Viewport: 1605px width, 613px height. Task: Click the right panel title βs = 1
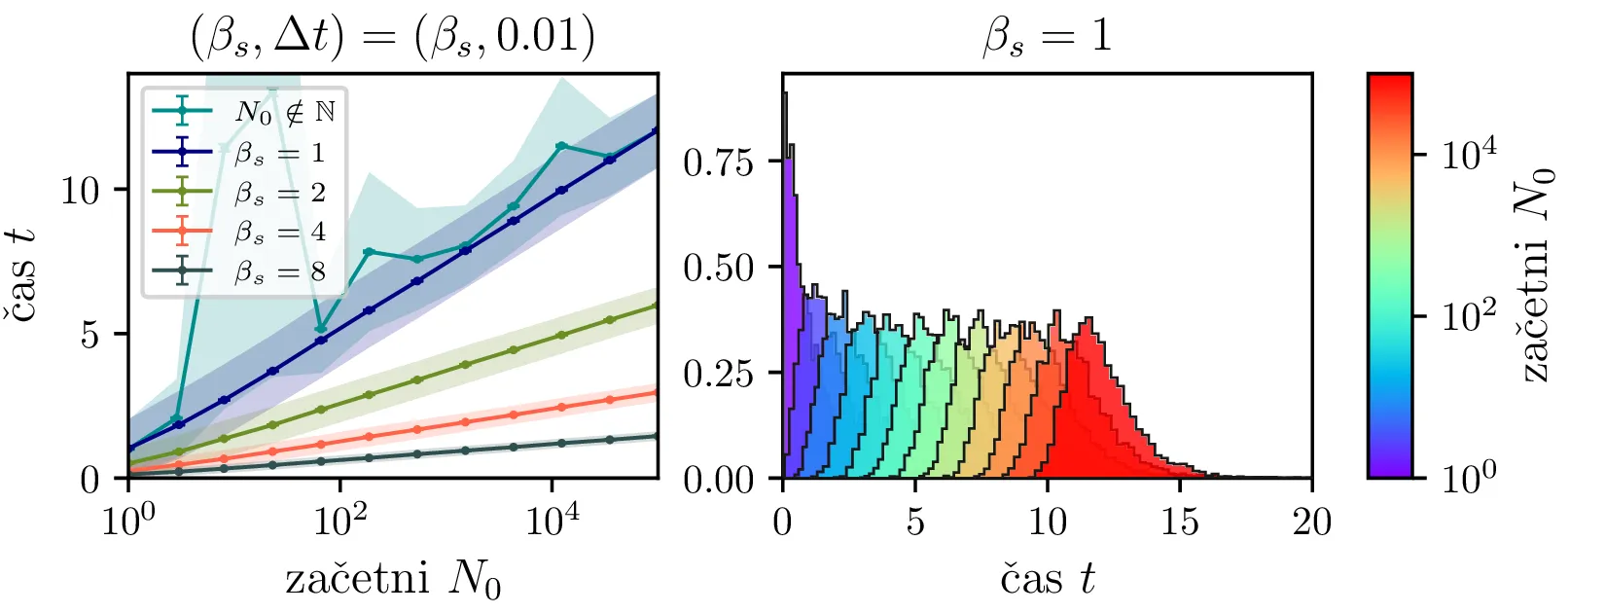click(x=1047, y=37)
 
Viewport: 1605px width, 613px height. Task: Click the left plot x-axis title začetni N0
click(x=393, y=580)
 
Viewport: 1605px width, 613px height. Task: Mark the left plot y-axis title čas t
click(x=23, y=274)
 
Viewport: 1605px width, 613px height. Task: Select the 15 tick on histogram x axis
click(x=1179, y=523)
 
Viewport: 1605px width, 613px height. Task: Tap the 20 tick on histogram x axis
click(x=1311, y=523)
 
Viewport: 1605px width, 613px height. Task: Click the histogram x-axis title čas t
click(x=1047, y=580)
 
